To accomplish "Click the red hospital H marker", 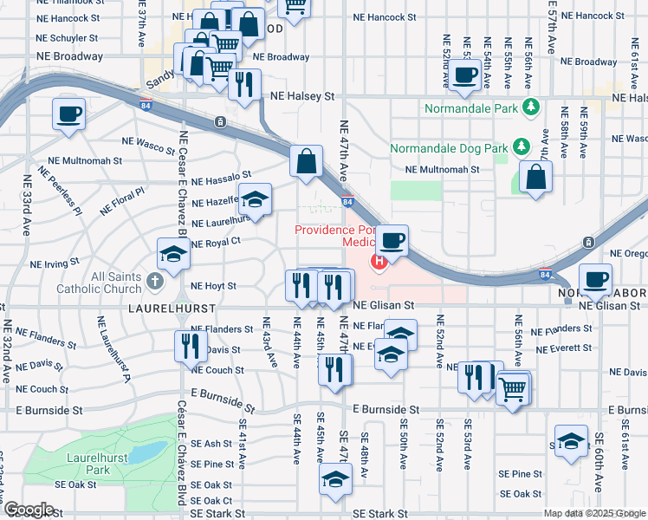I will pyautogui.click(x=378, y=261).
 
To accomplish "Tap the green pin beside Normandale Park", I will pyautogui.click(x=532, y=108).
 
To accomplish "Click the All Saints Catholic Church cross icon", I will pyautogui.click(x=153, y=281).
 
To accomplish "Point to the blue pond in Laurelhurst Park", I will pyautogui.click(x=150, y=452).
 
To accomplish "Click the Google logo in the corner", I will pyautogui.click(x=28, y=510).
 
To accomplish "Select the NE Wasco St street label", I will pyautogui.click(x=148, y=140).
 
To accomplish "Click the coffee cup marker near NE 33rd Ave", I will pyautogui.click(x=68, y=113).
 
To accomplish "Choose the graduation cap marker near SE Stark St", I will pyautogui.click(x=335, y=479).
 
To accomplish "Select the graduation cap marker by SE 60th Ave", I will pyautogui.click(x=571, y=441).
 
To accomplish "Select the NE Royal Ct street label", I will pyautogui.click(x=215, y=244).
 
